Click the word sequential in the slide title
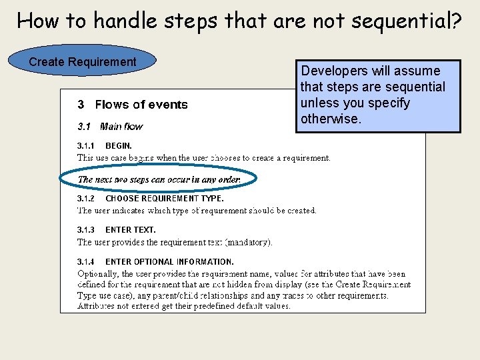click(x=403, y=21)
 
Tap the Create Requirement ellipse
click(x=82, y=62)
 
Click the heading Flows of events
click(x=141, y=105)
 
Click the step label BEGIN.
click(x=119, y=145)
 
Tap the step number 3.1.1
click(x=86, y=145)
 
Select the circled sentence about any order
click(x=159, y=179)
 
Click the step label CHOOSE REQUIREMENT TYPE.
click(x=164, y=198)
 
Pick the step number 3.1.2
click(x=86, y=198)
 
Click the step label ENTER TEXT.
click(x=130, y=230)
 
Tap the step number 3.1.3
click(x=86, y=230)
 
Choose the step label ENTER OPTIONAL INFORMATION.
click(x=169, y=262)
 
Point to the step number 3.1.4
click(x=86, y=262)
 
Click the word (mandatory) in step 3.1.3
click(x=249, y=243)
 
